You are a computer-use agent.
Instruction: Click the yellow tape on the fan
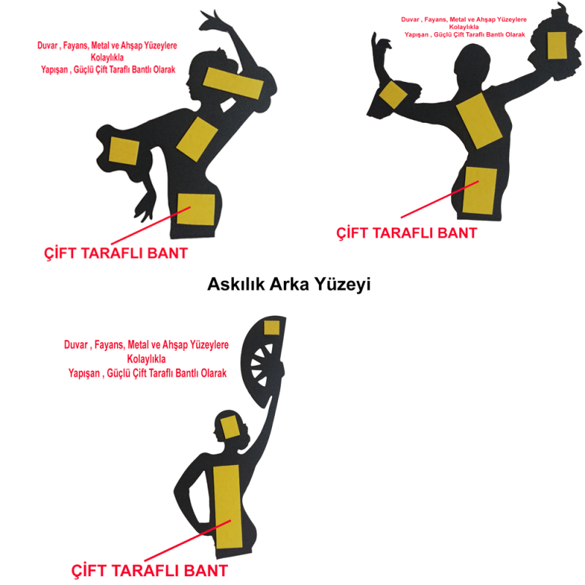(271, 328)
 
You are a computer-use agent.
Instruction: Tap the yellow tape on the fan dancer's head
(230, 427)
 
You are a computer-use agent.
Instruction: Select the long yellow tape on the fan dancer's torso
(227, 507)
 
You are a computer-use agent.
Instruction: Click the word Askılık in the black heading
(236, 284)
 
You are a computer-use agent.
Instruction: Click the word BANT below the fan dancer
(205, 571)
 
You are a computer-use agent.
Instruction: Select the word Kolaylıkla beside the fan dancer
(146, 359)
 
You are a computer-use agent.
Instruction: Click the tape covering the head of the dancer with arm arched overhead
(233, 83)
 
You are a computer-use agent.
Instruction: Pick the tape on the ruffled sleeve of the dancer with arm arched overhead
(124, 151)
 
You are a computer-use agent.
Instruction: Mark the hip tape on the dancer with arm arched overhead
(195, 209)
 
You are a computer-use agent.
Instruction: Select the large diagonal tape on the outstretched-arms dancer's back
(479, 121)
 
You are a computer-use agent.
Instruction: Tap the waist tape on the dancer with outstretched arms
(480, 191)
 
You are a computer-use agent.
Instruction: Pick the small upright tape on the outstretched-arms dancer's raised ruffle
(557, 45)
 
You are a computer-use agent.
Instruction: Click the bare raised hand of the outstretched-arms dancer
(380, 45)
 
